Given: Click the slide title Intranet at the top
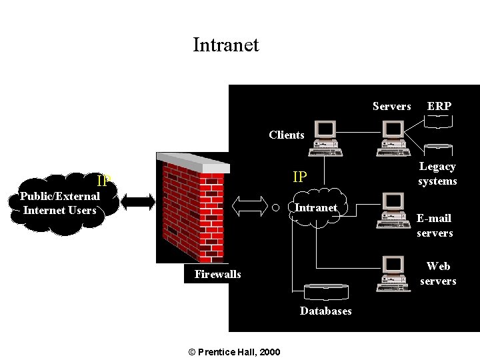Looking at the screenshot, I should (225, 45).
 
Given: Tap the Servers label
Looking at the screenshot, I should (391, 107).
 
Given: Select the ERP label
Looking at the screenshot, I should (439, 107).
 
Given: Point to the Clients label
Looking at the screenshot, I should (287, 135).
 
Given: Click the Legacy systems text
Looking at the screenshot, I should (437, 174).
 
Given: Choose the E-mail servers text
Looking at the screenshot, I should (435, 225).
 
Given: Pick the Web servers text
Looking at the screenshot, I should (438, 273).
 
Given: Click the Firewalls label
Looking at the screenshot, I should (218, 274).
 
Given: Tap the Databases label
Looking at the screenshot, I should (325, 311).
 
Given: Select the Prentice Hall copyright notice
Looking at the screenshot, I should (235, 352).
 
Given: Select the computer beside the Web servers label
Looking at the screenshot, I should (392, 273).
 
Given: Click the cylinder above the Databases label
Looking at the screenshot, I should (326, 292).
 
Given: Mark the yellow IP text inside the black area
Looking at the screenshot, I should (300, 177).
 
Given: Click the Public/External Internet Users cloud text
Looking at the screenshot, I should (60, 203).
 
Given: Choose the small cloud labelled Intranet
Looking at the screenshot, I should (316, 208).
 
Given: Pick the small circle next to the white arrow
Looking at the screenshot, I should (275, 207).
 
